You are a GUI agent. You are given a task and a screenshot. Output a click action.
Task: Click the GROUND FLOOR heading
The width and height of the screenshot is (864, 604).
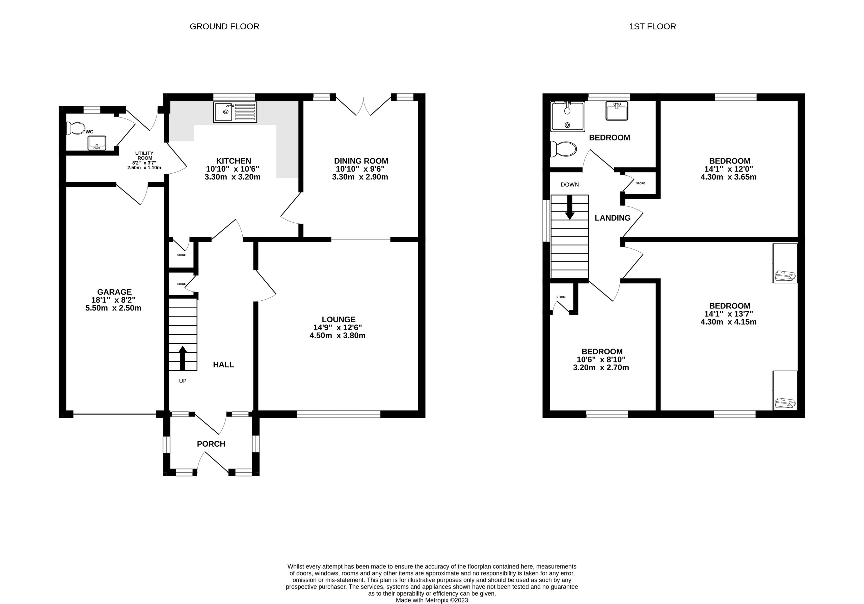point(224,27)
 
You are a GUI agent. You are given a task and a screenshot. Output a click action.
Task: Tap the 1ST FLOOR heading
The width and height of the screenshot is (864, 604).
point(652,27)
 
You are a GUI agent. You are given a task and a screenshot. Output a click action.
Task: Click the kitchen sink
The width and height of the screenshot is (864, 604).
point(235,112)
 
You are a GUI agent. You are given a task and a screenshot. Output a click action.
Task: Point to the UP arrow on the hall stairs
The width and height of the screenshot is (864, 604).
point(183,358)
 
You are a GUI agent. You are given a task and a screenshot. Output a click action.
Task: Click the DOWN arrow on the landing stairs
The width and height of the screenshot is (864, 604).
point(570,207)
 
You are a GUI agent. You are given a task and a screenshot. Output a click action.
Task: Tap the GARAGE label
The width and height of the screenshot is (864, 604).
point(114,292)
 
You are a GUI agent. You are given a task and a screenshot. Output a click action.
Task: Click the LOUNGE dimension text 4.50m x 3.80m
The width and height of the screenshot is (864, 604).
point(337,335)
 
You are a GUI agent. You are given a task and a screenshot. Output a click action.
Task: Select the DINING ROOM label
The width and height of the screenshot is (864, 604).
point(361,161)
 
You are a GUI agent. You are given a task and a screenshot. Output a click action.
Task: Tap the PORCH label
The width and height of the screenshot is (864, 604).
point(211,444)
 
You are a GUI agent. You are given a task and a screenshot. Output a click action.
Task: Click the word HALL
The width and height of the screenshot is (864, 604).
point(223,364)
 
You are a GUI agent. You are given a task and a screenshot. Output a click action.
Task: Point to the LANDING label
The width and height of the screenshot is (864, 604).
point(612,218)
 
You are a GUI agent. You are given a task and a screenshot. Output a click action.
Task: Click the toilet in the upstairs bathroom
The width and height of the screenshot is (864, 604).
point(563,149)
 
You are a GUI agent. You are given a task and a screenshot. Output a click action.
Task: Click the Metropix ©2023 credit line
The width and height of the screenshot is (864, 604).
point(432,600)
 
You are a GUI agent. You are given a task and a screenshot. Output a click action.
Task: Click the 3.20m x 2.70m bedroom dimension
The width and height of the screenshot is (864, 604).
point(601,368)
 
